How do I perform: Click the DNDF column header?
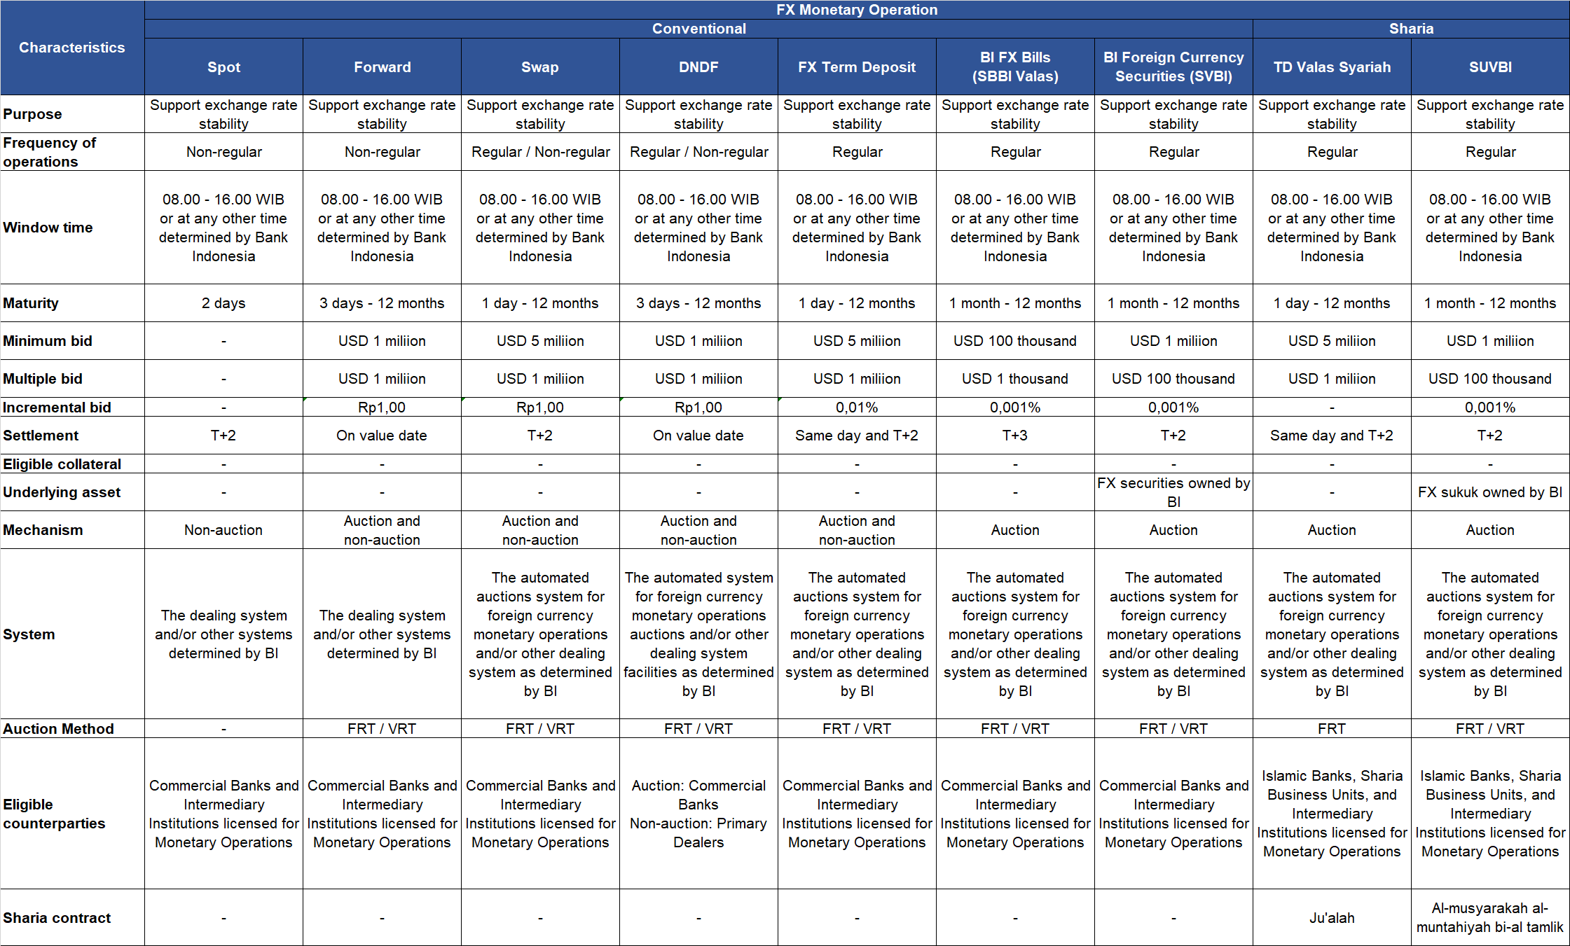pyautogui.click(x=698, y=67)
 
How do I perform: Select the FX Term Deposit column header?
pyautogui.click(x=857, y=67)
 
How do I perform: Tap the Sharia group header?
pyautogui.click(x=1411, y=29)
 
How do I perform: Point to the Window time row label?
pyautogui.click(x=48, y=228)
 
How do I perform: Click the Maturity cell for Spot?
pyautogui.click(x=223, y=303)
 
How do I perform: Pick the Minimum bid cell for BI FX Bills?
pyautogui.click(x=1015, y=341)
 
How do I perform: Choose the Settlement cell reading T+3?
pyautogui.click(x=1015, y=436)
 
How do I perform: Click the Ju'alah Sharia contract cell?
pyautogui.click(x=1332, y=918)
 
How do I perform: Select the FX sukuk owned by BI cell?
pyautogui.click(x=1490, y=492)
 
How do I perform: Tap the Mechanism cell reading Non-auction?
pyautogui.click(x=223, y=530)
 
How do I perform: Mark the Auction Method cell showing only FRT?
pyautogui.click(x=1332, y=729)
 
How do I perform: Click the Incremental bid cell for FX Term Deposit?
pyautogui.click(x=857, y=408)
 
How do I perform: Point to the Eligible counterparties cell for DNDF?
pyautogui.click(x=698, y=814)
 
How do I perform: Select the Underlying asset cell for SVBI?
pyautogui.click(x=1173, y=492)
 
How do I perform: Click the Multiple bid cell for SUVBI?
pyautogui.click(x=1490, y=379)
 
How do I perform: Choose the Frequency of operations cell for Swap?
pyautogui.click(x=540, y=152)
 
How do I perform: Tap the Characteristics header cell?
pyautogui.click(x=72, y=48)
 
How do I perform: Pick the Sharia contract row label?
pyautogui.click(x=57, y=918)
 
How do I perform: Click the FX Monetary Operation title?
pyautogui.click(x=857, y=10)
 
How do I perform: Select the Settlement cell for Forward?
pyautogui.click(x=382, y=436)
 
